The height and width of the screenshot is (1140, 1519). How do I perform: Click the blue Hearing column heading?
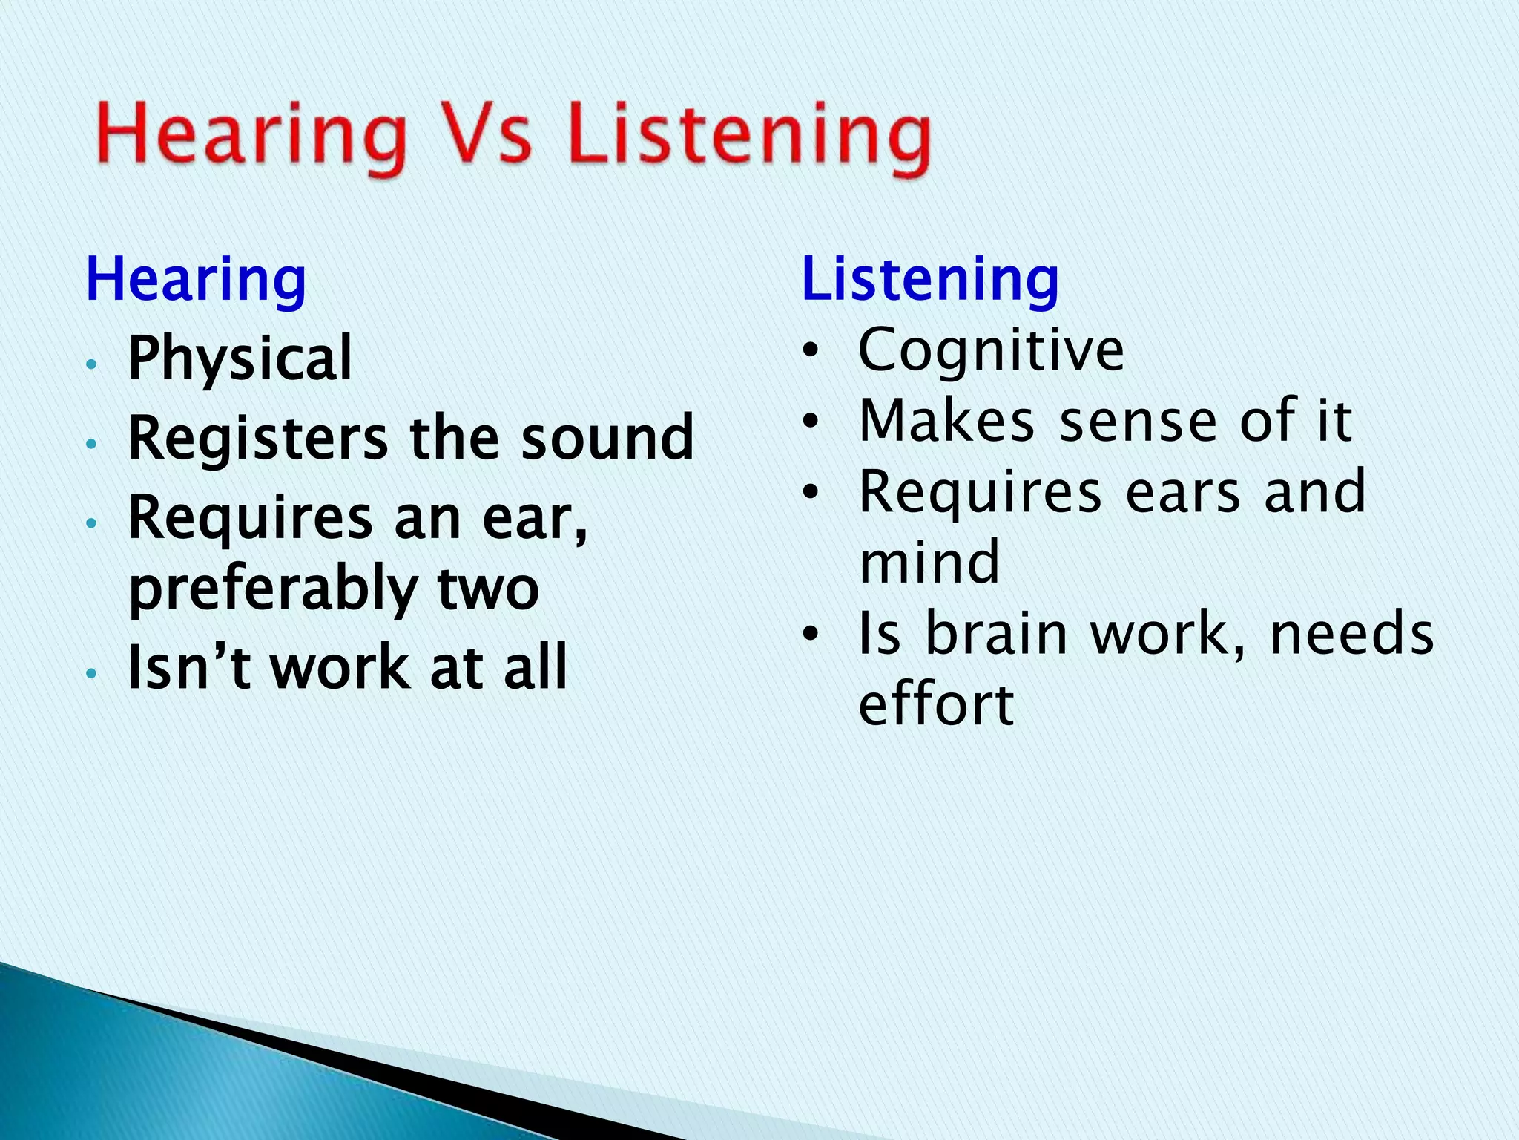pos(196,280)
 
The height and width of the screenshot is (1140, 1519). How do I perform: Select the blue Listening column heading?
pos(930,280)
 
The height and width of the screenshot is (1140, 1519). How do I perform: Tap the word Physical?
pos(240,359)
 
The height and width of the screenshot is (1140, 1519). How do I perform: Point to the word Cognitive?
pos(991,350)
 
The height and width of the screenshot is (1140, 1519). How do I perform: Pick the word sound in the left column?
pos(607,438)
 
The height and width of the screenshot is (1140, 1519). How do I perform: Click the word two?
pos(487,589)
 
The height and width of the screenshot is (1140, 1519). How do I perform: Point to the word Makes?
pos(946,421)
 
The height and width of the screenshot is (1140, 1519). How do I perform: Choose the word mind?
pos(929,562)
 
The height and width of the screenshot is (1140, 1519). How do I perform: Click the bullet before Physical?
pos(91,364)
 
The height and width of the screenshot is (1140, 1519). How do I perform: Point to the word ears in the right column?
pos(1182,493)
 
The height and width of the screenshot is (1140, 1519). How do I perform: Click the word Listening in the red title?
pos(749,137)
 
